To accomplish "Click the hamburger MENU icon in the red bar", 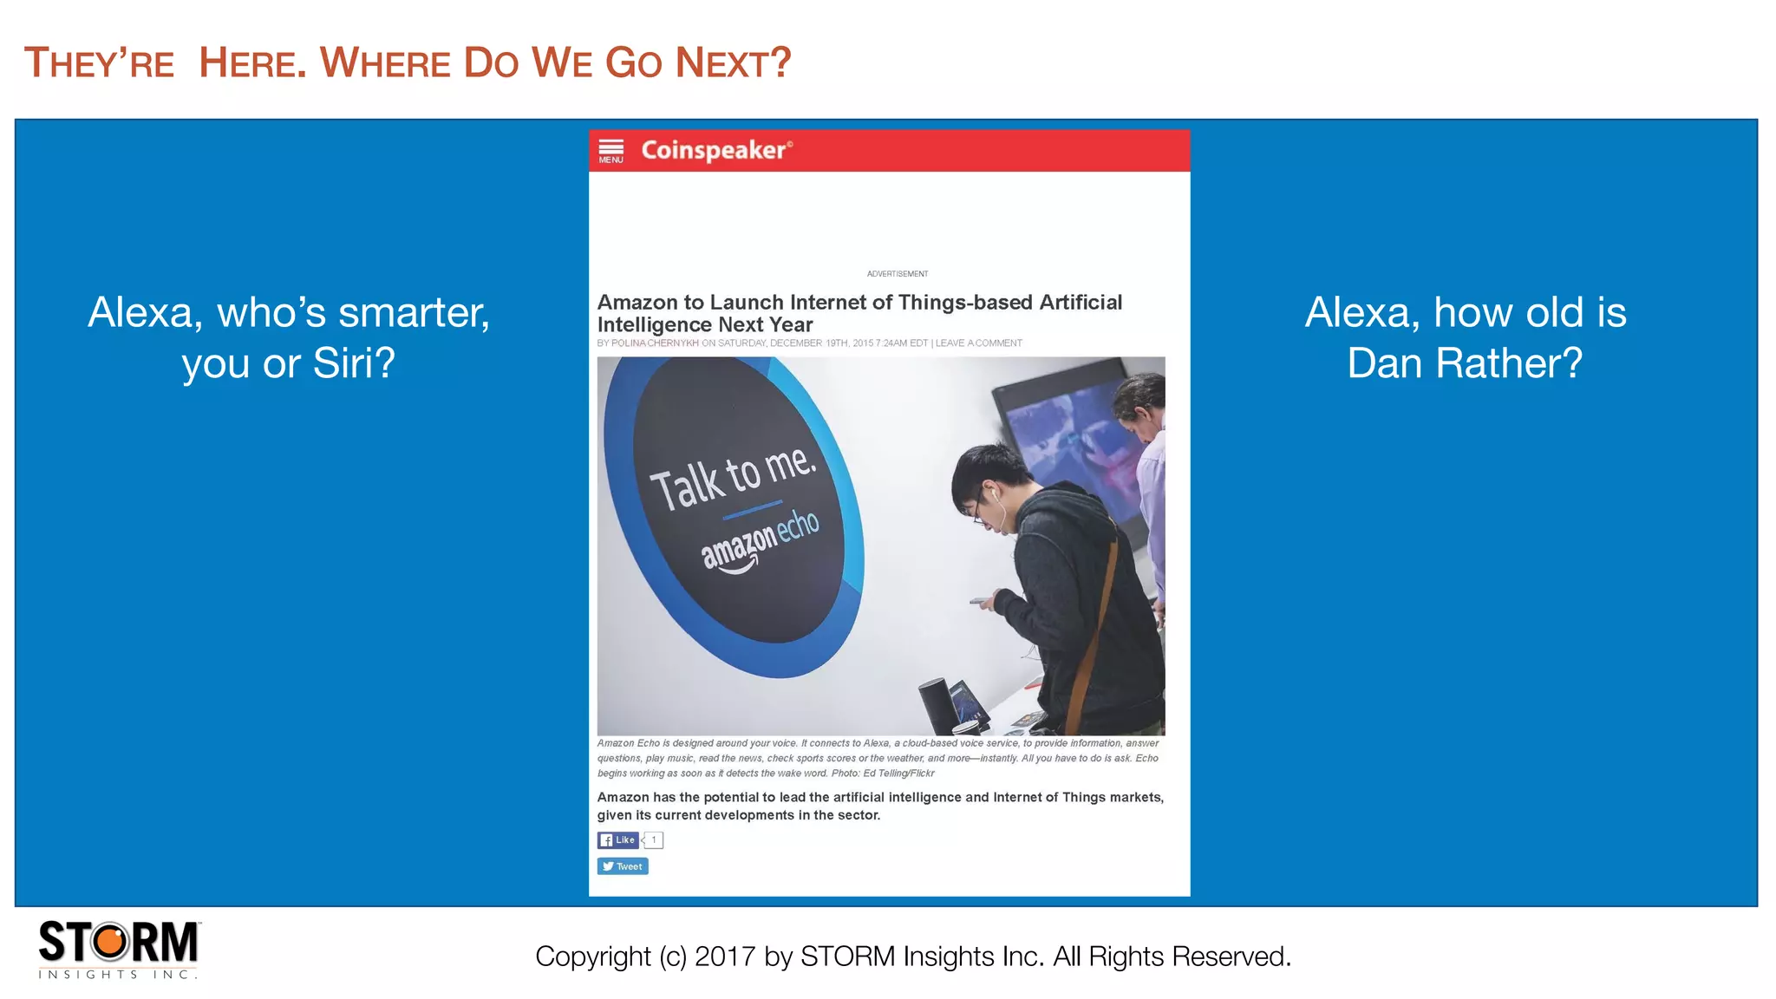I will click(x=610, y=150).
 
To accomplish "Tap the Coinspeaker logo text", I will click(x=715, y=150).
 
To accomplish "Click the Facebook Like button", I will click(x=618, y=839).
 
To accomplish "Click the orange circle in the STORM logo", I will click(x=110, y=942).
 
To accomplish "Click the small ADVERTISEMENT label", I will click(x=898, y=274).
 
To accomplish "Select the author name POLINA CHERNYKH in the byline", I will click(x=655, y=343).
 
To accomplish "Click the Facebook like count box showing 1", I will click(x=654, y=839).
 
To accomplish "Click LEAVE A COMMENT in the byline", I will click(x=978, y=343).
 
